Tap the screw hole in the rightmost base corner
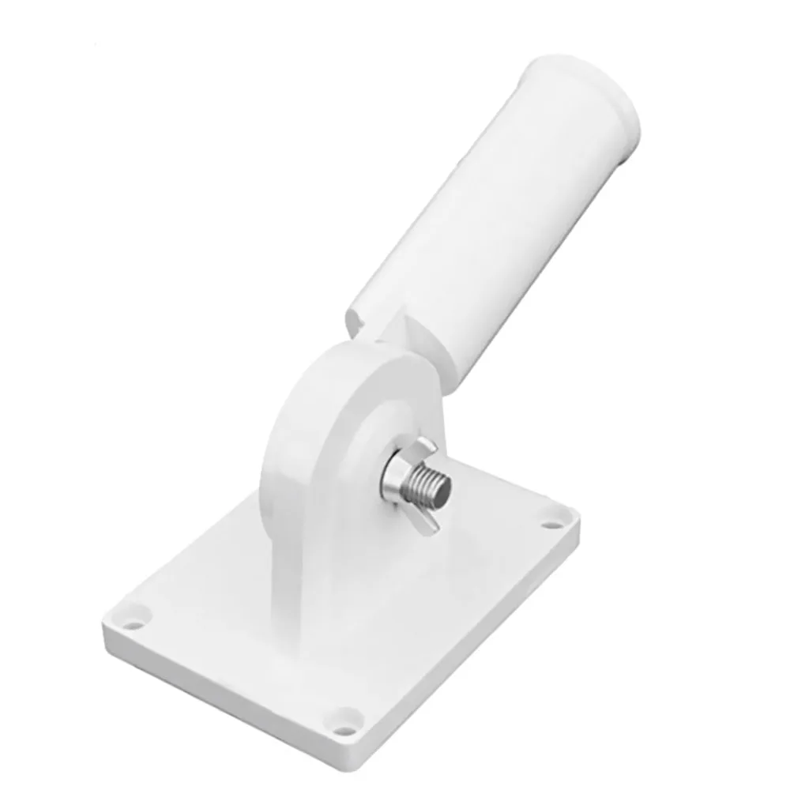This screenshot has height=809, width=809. pyautogui.click(x=550, y=521)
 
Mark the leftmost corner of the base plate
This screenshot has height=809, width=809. pyautogui.click(x=107, y=624)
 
